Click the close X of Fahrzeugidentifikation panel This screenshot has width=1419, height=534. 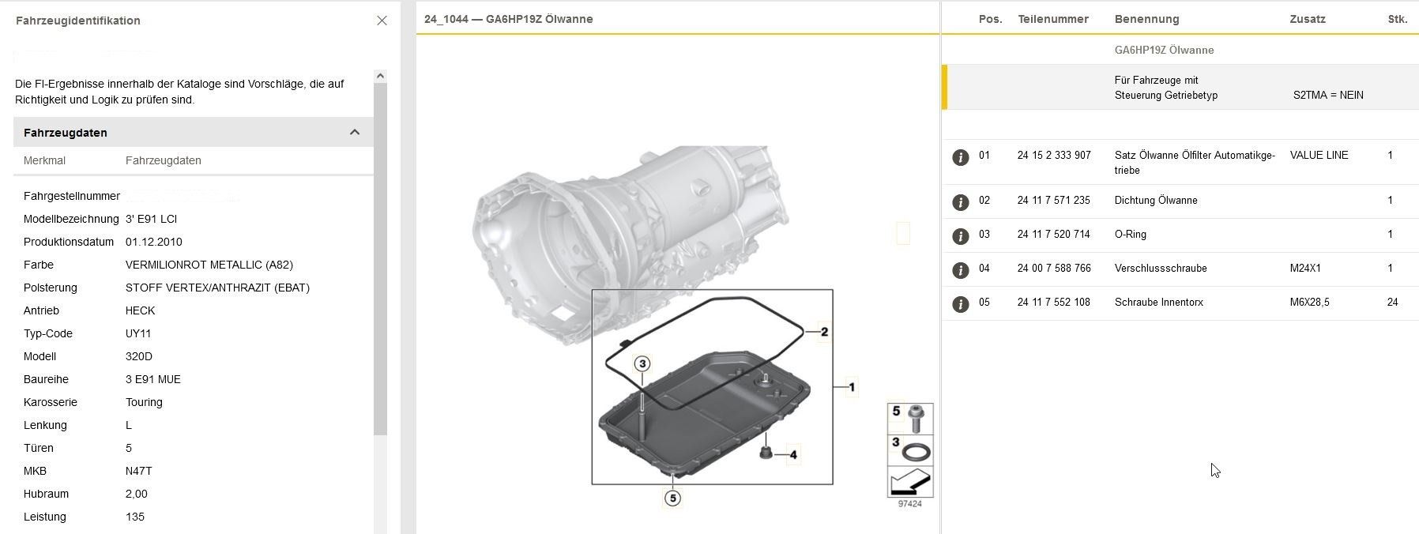point(382,21)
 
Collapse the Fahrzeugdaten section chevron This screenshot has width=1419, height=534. point(355,132)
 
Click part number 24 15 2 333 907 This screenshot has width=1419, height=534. point(1054,156)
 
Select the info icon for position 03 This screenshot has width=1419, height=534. point(960,236)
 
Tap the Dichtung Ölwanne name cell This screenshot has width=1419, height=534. point(1156,201)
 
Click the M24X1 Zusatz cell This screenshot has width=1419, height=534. point(1305,269)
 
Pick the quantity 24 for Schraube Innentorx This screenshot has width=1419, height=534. point(1392,303)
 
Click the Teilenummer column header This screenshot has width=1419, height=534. point(1053,19)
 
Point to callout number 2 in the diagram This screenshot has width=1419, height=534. point(824,332)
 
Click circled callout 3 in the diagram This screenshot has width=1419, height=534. point(642,363)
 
